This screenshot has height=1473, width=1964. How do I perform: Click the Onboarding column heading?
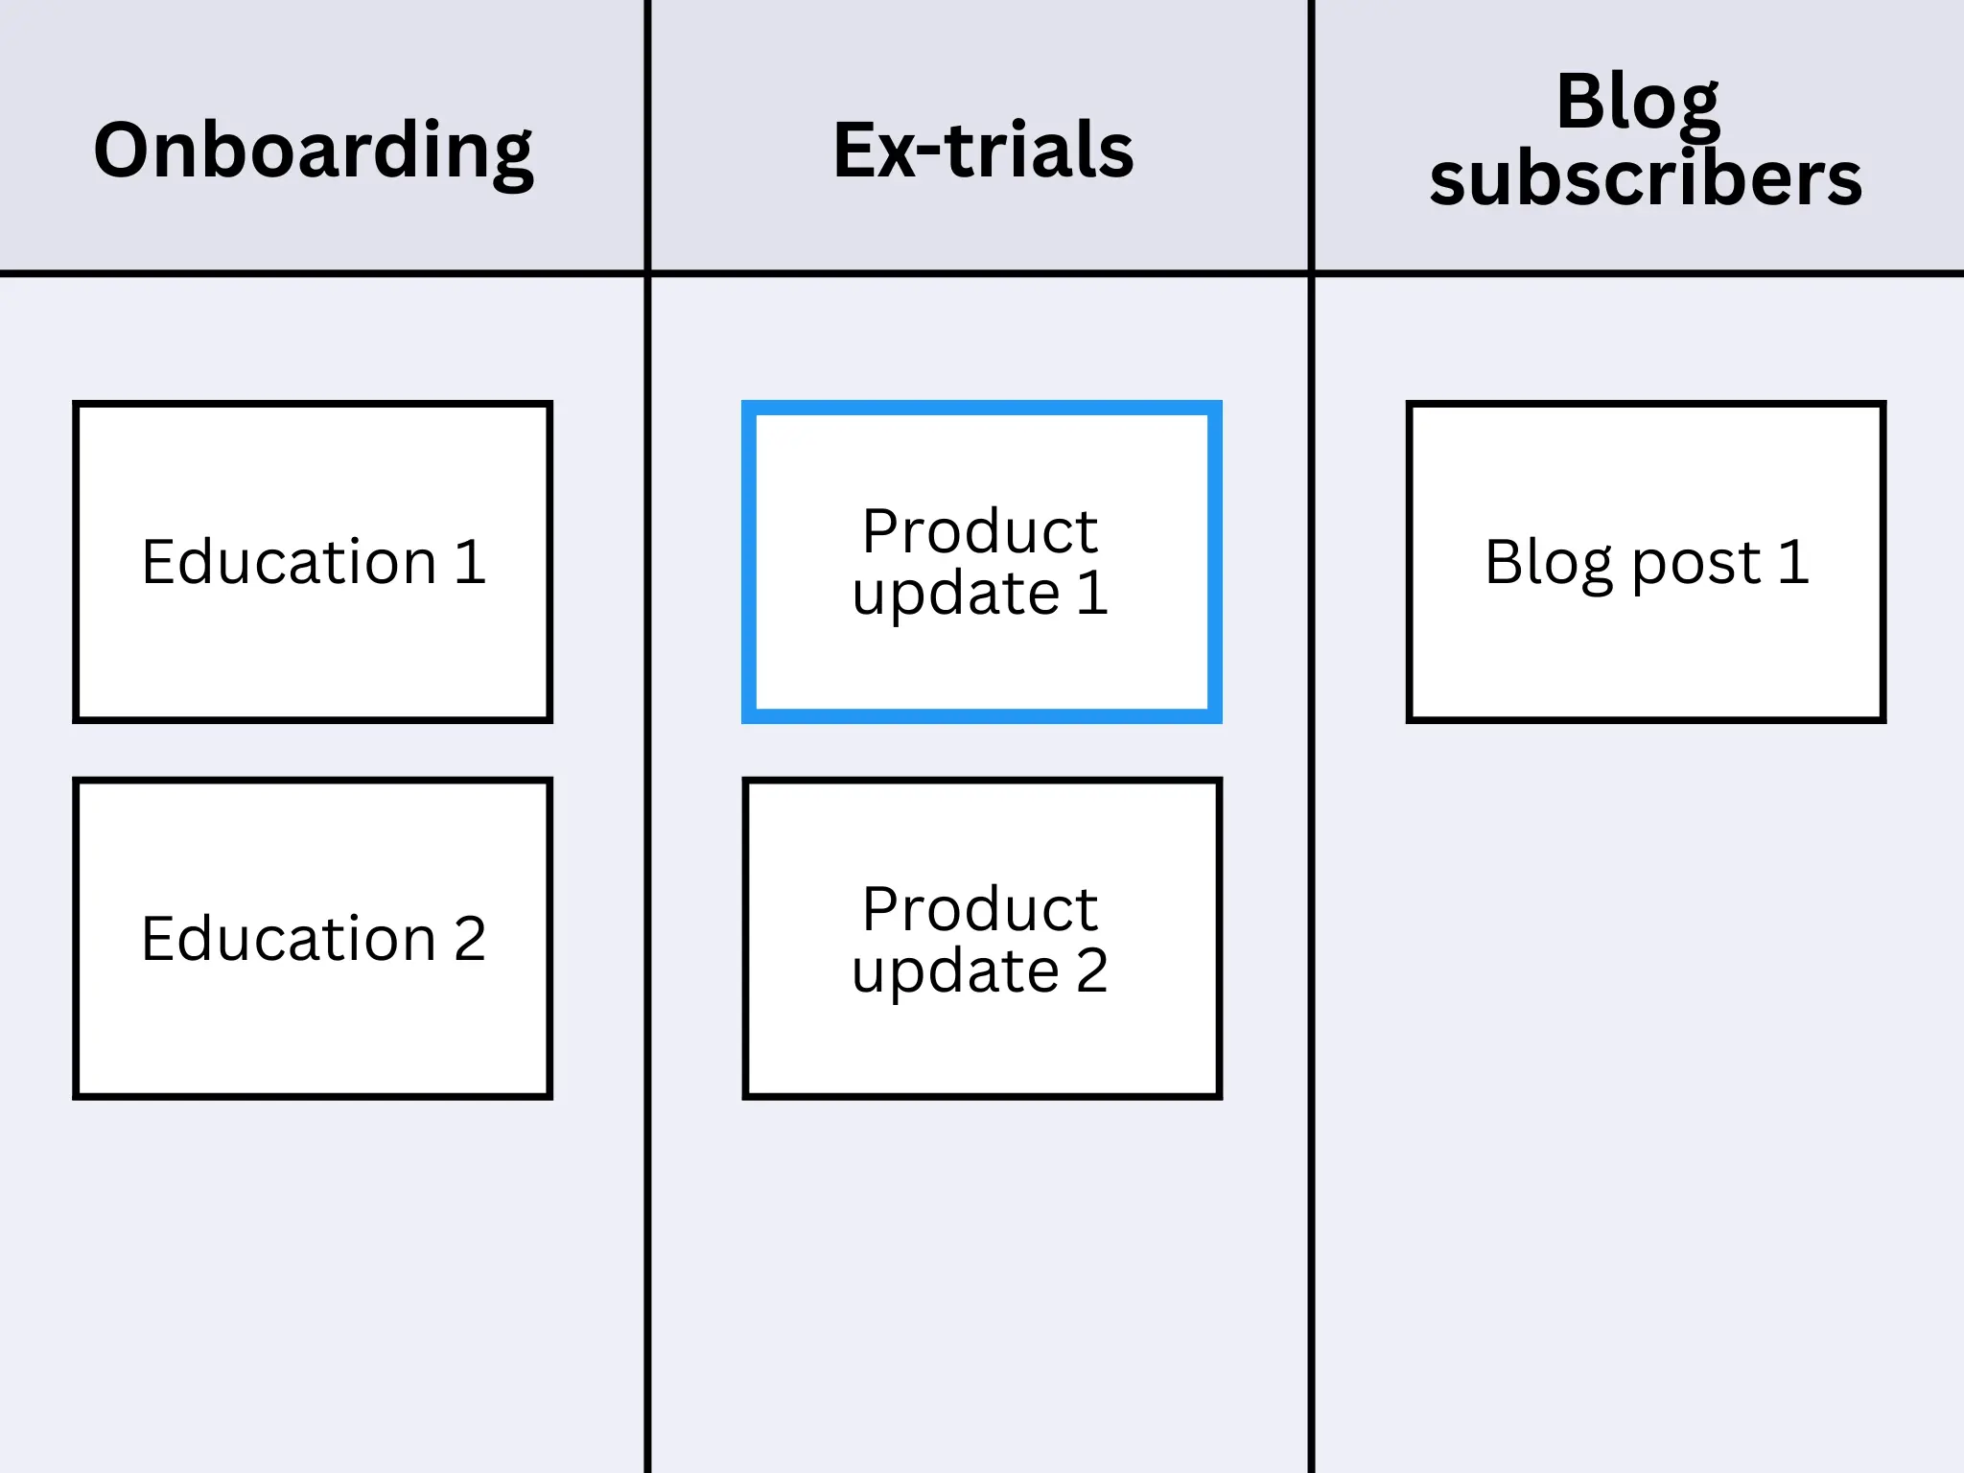click(x=313, y=151)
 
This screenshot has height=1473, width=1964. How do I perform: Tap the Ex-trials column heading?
click(x=983, y=151)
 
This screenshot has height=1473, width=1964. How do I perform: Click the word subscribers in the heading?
click(x=1646, y=179)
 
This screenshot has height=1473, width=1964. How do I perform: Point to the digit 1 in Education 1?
click(x=469, y=562)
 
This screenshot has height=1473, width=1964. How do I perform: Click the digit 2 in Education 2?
click(x=469, y=939)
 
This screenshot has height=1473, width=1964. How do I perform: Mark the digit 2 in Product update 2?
click(x=1092, y=970)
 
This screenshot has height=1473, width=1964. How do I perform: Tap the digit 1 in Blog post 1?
click(x=1792, y=562)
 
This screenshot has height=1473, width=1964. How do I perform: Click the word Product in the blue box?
click(x=979, y=531)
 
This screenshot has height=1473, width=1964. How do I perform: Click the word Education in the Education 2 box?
click(x=289, y=939)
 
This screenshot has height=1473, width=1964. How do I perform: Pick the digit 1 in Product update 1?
click(x=1092, y=593)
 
